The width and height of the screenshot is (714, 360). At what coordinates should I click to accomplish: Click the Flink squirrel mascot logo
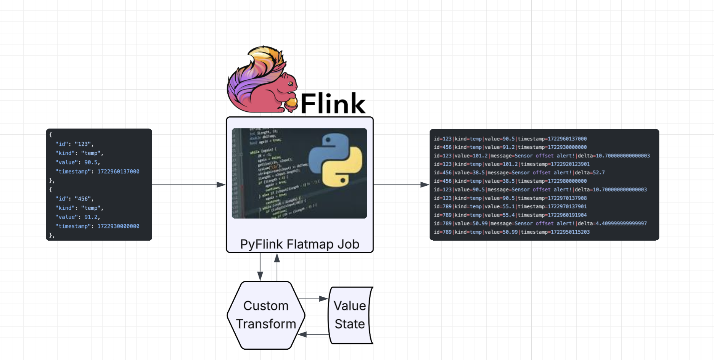click(x=259, y=82)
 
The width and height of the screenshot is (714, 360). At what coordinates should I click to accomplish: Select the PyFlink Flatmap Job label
click(x=300, y=244)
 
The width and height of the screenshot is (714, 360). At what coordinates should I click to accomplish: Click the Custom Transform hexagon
click(x=266, y=315)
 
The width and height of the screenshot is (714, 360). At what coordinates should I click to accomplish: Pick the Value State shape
click(x=350, y=315)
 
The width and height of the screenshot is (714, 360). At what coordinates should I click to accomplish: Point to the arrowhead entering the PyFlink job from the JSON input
click(x=221, y=185)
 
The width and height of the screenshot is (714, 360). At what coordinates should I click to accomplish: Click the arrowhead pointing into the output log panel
click(x=425, y=185)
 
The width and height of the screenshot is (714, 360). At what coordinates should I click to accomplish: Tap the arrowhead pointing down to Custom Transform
click(x=260, y=276)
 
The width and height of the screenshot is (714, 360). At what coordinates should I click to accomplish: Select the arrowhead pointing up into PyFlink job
click(x=277, y=258)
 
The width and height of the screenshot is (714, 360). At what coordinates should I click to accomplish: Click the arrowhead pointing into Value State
click(x=323, y=299)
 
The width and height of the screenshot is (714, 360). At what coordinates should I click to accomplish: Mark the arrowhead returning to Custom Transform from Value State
click(x=302, y=334)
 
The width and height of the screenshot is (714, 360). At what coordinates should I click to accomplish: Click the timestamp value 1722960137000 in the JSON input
click(x=118, y=172)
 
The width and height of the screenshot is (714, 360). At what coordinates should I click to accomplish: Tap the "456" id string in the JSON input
click(x=83, y=199)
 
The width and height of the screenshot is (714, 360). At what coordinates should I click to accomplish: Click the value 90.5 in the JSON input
click(x=91, y=162)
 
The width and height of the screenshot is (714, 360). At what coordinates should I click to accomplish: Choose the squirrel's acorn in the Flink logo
click(x=291, y=104)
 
